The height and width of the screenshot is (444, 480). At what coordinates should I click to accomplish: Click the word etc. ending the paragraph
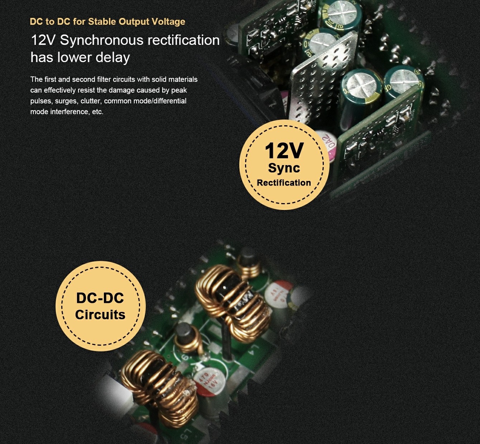pyautogui.click(x=98, y=112)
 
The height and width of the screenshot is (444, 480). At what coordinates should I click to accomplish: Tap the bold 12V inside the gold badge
pyautogui.click(x=284, y=150)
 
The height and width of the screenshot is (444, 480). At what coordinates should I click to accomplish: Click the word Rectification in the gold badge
pyautogui.click(x=284, y=183)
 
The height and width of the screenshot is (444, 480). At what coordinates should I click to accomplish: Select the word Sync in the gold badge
pyautogui.click(x=284, y=168)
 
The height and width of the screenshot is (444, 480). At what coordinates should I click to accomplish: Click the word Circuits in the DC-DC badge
pyautogui.click(x=100, y=315)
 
